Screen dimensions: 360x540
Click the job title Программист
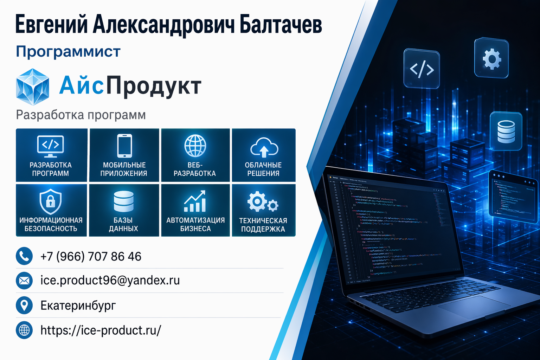(x=68, y=52)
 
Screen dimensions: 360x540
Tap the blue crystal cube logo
(x=32, y=87)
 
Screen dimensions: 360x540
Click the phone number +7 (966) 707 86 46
(x=91, y=257)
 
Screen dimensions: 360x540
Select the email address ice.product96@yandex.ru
(x=110, y=280)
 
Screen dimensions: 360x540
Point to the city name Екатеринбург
(x=78, y=305)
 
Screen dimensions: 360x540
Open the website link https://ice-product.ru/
(x=101, y=330)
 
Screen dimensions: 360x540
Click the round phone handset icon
(x=24, y=256)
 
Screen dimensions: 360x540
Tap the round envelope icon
(x=24, y=281)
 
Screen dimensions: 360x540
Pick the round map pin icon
(x=24, y=305)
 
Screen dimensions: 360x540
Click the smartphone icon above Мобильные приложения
(x=124, y=146)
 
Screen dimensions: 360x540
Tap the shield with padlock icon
(x=51, y=201)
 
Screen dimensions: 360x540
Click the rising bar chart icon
(x=195, y=201)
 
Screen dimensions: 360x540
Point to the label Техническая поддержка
(x=263, y=225)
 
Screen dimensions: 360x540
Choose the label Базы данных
(x=123, y=224)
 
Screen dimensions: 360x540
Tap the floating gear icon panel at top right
(x=491, y=58)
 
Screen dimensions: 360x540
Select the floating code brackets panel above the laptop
(x=422, y=69)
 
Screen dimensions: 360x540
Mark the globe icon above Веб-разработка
(x=195, y=146)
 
